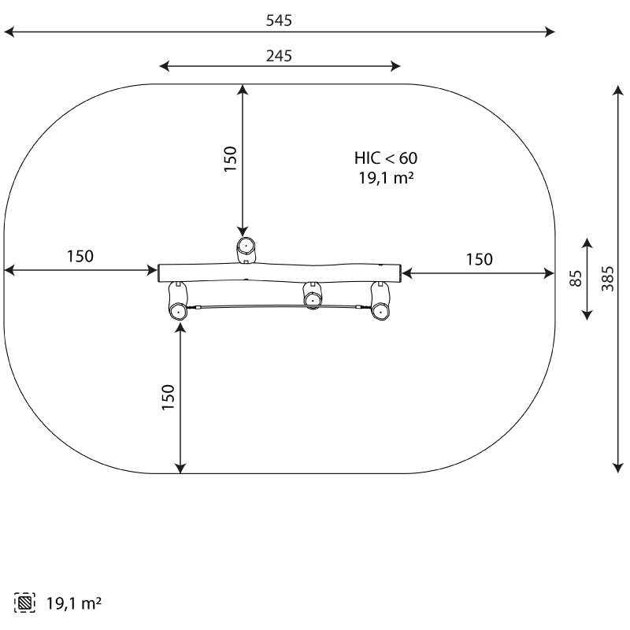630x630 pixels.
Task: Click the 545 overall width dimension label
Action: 279,20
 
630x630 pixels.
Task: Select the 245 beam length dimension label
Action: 279,56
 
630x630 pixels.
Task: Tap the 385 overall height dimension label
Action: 608,279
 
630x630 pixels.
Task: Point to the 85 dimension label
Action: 576,279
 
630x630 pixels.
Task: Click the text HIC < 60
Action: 386,158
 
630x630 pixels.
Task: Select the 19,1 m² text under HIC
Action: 386,178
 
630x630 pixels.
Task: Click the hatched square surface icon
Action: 24,602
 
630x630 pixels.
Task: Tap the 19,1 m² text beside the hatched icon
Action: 74,603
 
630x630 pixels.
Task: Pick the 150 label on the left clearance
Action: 80,257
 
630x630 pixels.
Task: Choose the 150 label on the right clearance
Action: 480,260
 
